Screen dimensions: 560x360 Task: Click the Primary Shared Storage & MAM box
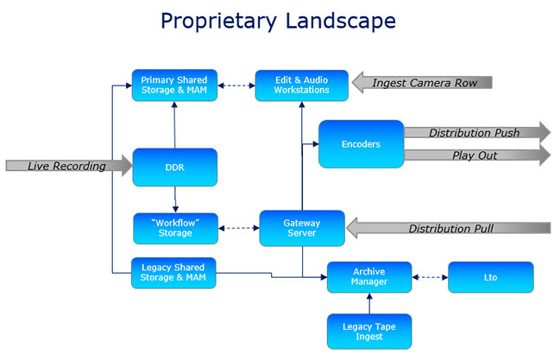pos(174,85)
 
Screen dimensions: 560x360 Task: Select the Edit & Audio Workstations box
pos(302,85)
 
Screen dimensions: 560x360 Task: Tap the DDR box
pos(175,167)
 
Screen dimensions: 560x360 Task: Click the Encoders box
pos(361,144)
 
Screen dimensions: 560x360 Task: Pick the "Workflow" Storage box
pos(175,229)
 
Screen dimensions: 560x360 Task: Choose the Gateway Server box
pos(302,228)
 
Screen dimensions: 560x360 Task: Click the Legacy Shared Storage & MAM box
pos(173,273)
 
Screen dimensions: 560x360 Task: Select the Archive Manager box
pos(369,277)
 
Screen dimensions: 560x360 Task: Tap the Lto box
pos(491,277)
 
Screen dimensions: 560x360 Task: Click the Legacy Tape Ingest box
pos(369,332)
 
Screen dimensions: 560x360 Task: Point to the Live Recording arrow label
pos(66,166)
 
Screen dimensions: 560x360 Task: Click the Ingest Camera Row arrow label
pos(425,83)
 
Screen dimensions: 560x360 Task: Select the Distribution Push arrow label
pos(475,133)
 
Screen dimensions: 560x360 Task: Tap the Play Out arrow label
pos(475,155)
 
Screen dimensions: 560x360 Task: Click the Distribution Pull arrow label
pos(451,229)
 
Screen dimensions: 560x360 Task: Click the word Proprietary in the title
pos(218,22)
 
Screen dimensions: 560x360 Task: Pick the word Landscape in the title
pos(341,21)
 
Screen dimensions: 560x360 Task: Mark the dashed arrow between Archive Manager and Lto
pos(430,277)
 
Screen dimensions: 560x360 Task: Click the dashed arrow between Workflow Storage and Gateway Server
pos(238,228)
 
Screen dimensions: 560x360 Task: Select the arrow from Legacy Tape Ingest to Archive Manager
pos(369,304)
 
